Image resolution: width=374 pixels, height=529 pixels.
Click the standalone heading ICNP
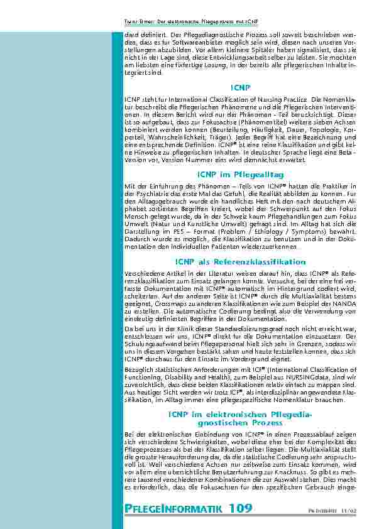point(240,87)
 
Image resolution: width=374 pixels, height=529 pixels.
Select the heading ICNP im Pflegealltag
point(240,173)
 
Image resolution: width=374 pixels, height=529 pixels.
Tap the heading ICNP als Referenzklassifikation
point(240,261)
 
